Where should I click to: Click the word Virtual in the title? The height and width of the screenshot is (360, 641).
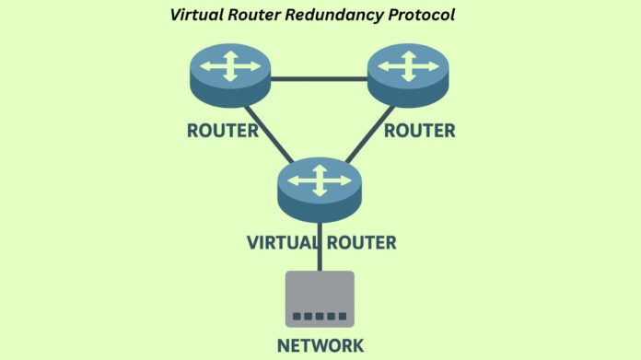(194, 15)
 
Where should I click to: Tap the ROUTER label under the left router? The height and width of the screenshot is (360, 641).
(223, 130)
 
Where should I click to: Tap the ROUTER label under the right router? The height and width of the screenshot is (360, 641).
(419, 130)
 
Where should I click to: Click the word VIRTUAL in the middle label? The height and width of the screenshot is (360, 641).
(282, 243)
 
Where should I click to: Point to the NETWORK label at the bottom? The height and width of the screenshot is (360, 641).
(320, 345)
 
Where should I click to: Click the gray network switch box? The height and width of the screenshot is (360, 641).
(320, 297)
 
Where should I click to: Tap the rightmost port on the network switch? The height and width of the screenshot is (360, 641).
(343, 317)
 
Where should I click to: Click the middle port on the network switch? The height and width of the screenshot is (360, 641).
(320, 317)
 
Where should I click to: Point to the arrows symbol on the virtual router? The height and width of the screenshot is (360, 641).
(318, 180)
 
